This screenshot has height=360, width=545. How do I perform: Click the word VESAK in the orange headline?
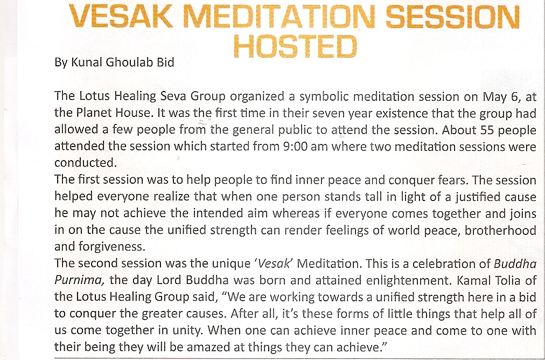[121, 16]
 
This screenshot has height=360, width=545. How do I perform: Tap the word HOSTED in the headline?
[296, 46]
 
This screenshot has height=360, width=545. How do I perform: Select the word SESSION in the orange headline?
[452, 16]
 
